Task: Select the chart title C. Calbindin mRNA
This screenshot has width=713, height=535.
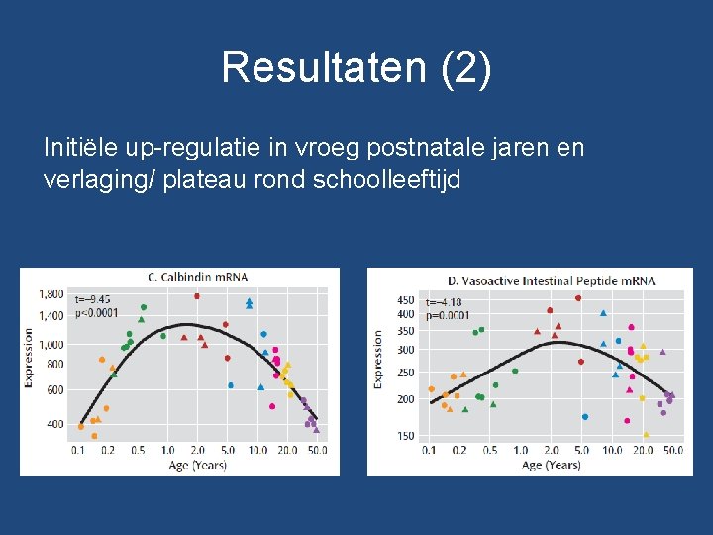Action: [197, 276]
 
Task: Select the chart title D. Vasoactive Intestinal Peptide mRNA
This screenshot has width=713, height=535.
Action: [551, 281]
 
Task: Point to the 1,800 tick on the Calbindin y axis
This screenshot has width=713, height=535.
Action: [51, 294]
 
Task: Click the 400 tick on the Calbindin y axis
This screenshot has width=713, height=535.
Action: [54, 424]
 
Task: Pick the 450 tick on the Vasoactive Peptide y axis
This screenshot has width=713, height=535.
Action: [405, 300]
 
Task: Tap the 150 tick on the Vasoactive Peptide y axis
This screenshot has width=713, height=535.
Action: [405, 436]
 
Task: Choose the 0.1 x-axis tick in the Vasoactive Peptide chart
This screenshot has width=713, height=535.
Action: [429, 451]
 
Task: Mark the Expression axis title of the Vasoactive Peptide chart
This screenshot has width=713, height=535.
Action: [378, 359]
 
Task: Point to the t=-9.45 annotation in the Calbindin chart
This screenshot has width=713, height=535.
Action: [92, 298]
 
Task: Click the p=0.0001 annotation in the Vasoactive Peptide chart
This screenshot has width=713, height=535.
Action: [447, 315]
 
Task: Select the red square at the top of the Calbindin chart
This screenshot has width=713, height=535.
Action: [197, 295]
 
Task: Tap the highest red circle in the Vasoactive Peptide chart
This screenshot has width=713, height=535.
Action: [578, 297]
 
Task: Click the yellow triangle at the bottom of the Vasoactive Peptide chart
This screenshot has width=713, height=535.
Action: [646, 434]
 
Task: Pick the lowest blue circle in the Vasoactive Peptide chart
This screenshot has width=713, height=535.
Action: [585, 417]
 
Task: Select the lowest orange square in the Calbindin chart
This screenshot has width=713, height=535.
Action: [94, 436]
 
